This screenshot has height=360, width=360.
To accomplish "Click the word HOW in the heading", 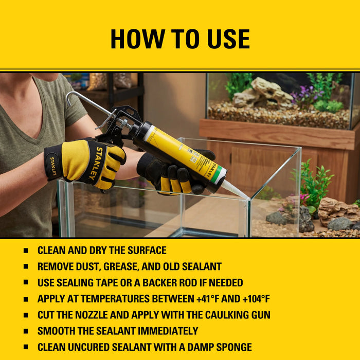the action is pyautogui.click(x=138, y=39).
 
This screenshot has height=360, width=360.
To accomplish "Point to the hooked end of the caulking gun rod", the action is pyautogui.click(x=70, y=98).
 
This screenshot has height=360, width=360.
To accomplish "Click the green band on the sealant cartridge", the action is pyautogui.click(x=218, y=174).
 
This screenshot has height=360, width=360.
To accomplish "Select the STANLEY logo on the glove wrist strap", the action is pyautogui.click(x=53, y=166).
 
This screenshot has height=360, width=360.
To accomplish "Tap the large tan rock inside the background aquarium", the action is pyautogui.click(x=264, y=93).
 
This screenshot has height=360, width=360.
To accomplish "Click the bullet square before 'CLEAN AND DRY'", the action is pyautogui.click(x=26, y=250).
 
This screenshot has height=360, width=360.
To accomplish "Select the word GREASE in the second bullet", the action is pyautogui.click(x=121, y=266).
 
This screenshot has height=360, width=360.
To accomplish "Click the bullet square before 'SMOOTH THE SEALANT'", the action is pyautogui.click(x=26, y=331).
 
